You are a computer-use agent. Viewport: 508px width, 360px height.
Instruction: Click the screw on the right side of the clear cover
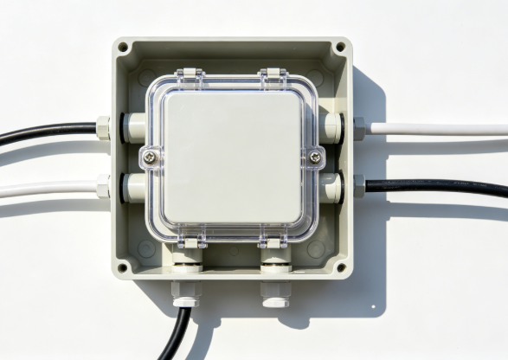(315, 157)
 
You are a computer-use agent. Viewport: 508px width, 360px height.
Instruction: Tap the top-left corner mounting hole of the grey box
(124, 48)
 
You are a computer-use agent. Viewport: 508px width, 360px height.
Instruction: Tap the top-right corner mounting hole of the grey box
(341, 48)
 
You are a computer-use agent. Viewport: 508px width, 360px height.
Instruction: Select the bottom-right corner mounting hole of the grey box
(340, 267)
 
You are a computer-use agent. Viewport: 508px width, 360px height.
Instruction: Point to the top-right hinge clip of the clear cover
(271, 75)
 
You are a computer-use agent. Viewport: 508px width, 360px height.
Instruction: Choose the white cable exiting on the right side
(441, 129)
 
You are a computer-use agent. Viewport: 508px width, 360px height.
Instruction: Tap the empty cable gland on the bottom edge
(274, 294)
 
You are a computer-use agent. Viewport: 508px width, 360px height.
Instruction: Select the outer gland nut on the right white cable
(358, 128)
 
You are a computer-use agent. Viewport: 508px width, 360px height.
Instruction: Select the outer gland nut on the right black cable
(358, 184)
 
